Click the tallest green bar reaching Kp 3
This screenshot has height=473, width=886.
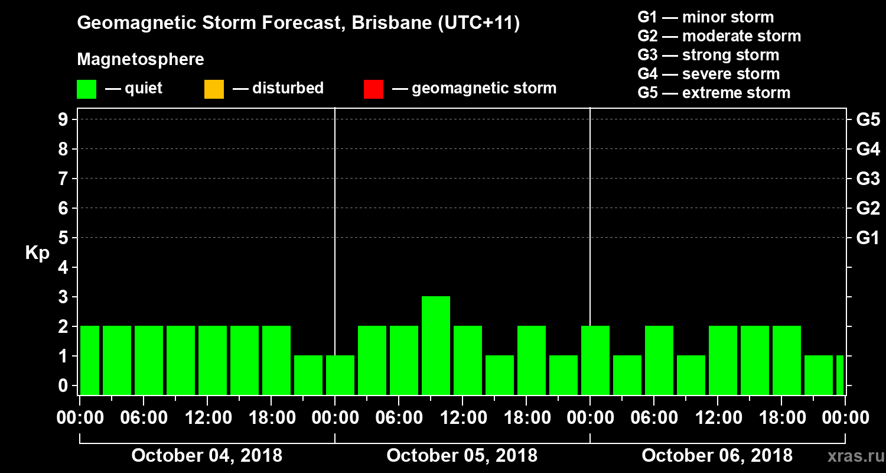point(436,345)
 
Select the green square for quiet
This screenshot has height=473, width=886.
point(86,89)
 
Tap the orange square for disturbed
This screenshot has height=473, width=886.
point(214,89)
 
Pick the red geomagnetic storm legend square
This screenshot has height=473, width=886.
point(373,89)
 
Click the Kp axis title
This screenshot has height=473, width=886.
point(37,253)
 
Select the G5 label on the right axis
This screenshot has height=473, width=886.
point(868,120)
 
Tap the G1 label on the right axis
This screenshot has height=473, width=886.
point(868,238)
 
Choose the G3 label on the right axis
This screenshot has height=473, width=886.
point(868,179)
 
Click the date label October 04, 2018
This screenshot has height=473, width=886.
point(207,456)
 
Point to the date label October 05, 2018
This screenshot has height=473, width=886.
point(462,456)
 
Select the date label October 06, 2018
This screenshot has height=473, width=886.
point(717,456)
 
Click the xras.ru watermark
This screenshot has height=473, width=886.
point(851,456)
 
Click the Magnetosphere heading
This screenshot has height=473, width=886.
point(141,60)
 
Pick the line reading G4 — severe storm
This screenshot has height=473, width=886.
point(708,74)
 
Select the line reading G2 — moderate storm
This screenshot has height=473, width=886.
point(719,36)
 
